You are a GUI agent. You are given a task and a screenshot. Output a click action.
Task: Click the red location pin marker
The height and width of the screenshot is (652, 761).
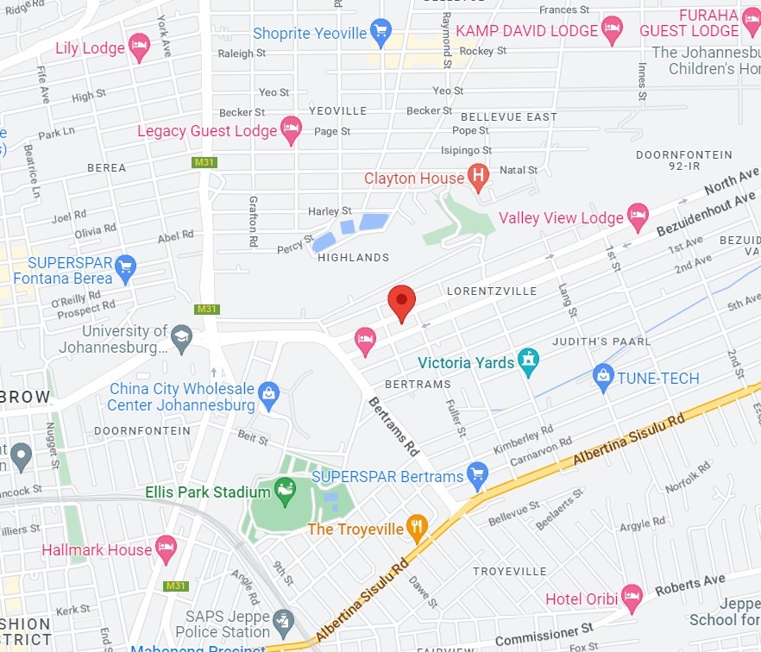[x=401, y=302]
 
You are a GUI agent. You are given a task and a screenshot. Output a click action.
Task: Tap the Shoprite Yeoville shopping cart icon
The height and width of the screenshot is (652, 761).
[x=380, y=34]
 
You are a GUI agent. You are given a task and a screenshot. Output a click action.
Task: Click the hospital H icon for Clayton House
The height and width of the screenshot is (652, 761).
[x=478, y=178]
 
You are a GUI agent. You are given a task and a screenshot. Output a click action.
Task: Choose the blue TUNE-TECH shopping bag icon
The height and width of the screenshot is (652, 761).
[x=603, y=377]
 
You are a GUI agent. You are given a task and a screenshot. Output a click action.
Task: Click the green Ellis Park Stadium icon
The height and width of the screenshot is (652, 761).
[x=284, y=492]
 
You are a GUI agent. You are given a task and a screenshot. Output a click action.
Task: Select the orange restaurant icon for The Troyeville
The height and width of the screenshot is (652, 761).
[x=417, y=528]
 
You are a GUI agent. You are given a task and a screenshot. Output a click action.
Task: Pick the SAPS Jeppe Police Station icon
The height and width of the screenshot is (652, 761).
[x=282, y=622]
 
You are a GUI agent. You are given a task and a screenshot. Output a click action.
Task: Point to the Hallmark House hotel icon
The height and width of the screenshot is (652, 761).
[x=166, y=549]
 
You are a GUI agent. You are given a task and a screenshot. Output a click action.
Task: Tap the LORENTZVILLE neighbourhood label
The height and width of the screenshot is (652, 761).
[x=492, y=292]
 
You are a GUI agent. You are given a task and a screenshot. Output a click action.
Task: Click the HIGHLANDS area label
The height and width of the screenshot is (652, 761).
[x=353, y=257]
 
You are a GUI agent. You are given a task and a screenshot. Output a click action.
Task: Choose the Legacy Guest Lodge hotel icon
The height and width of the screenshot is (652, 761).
[x=291, y=130]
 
